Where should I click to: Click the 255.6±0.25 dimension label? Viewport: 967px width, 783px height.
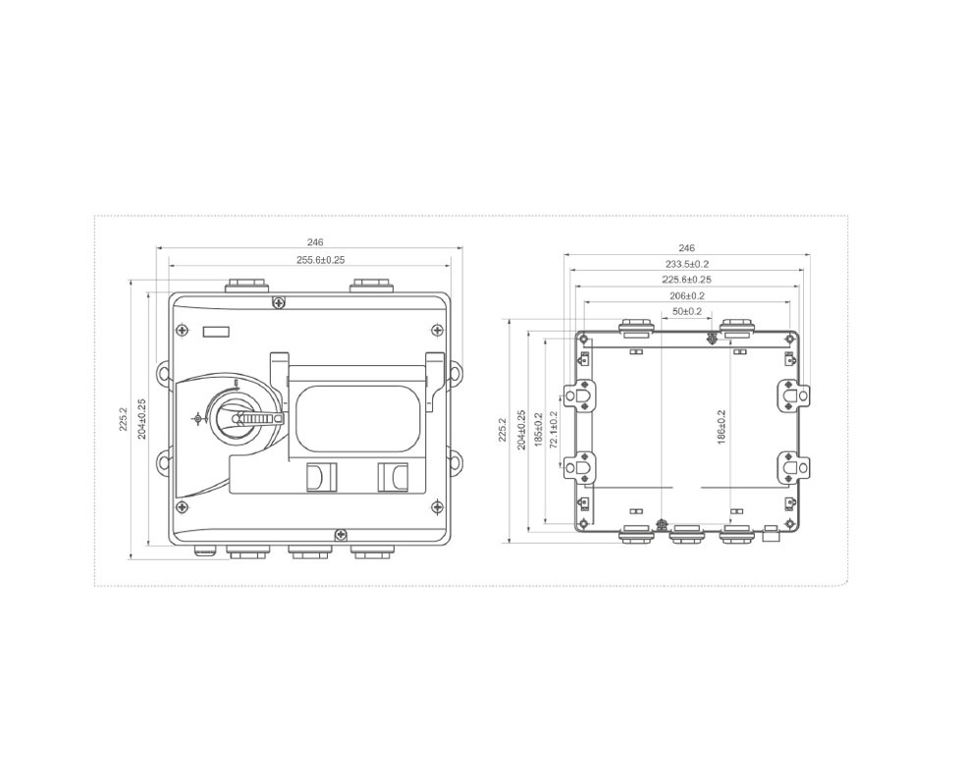tap(321, 260)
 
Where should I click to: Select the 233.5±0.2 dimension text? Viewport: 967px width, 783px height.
tap(687, 264)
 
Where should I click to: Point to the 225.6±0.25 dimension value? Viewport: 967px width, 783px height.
tap(687, 280)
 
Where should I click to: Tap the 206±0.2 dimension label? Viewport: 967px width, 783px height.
tap(687, 296)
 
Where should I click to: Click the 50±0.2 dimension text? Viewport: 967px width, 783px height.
tap(687, 312)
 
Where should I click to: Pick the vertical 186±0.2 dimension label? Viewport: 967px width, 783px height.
tap(723, 427)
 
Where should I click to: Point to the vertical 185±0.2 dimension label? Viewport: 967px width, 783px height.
tap(538, 430)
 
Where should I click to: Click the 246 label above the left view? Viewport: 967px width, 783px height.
tap(315, 243)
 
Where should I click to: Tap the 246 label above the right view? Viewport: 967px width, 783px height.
tap(686, 248)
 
